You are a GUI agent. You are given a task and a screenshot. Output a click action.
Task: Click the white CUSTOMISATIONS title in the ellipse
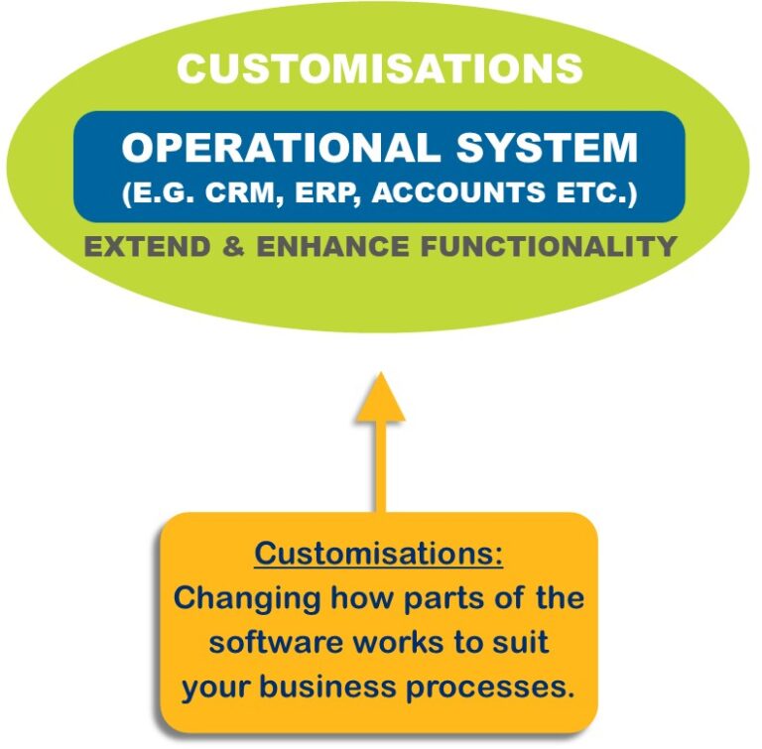click(x=379, y=68)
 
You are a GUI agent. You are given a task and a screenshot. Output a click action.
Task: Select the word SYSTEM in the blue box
click(x=547, y=149)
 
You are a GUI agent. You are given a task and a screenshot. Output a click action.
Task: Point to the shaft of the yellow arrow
click(x=379, y=466)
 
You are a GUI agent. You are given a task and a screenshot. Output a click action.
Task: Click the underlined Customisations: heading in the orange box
click(x=379, y=554)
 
